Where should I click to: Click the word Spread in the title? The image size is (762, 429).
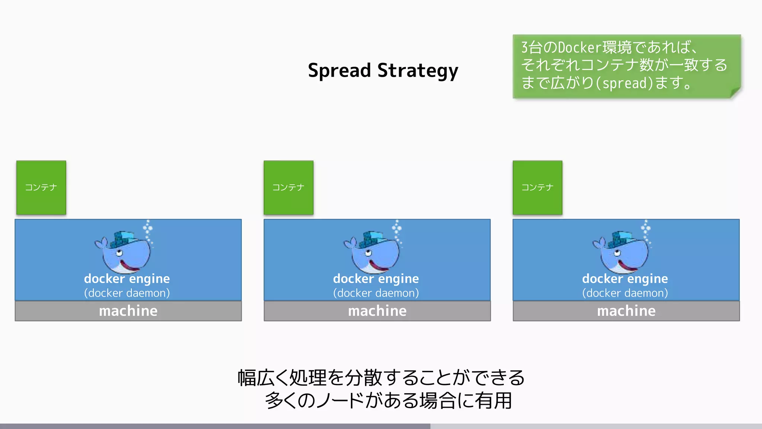coord(339,71)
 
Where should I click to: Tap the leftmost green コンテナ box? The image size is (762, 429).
coord(41,187)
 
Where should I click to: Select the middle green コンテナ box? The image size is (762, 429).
coord(288,187)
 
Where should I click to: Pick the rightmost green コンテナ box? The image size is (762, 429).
coord(537,187)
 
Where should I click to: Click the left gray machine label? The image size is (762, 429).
coord(128,311)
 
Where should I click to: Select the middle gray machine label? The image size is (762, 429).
coord(377,311)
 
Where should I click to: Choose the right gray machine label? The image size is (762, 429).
coord(626,311)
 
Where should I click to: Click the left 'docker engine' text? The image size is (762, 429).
coord(127,279)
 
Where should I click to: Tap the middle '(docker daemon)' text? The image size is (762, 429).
coord(376,293)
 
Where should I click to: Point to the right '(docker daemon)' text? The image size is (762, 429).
coord(625,293)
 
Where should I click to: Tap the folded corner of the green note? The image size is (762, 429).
coord(735,92)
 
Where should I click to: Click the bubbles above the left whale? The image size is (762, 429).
coord(148,229)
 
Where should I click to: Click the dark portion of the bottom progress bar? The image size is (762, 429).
coord(215,426)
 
